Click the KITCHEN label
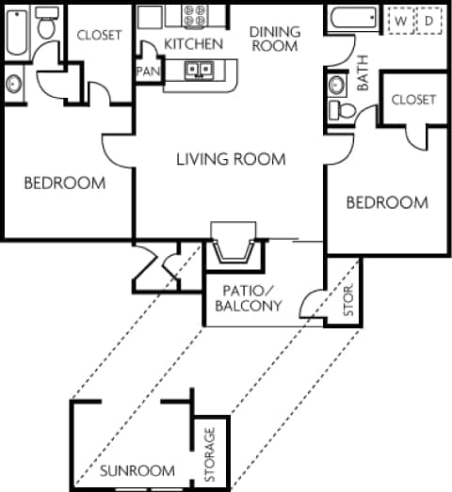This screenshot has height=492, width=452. (193, 43)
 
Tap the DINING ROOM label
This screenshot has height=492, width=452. (275, 37)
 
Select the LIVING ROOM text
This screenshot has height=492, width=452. (231, 158)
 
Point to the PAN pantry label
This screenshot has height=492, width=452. (147, 71)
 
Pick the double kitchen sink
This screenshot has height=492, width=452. (199, 69)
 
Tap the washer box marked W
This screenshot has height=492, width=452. (400, 20)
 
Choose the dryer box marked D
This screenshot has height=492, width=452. (428, 20)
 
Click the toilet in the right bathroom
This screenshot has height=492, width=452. (343, 111)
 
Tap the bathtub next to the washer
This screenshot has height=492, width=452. (355, 20)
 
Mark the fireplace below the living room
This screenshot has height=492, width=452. (231, 246)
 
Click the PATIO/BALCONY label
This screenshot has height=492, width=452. (248, 297)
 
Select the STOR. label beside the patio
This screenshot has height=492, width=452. (347, 299)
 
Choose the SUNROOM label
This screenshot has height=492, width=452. (137, 470)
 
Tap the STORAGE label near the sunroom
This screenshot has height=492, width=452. (210, 455)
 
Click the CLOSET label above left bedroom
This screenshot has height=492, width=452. (99, 35)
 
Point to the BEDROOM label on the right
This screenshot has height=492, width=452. (386, 202)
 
